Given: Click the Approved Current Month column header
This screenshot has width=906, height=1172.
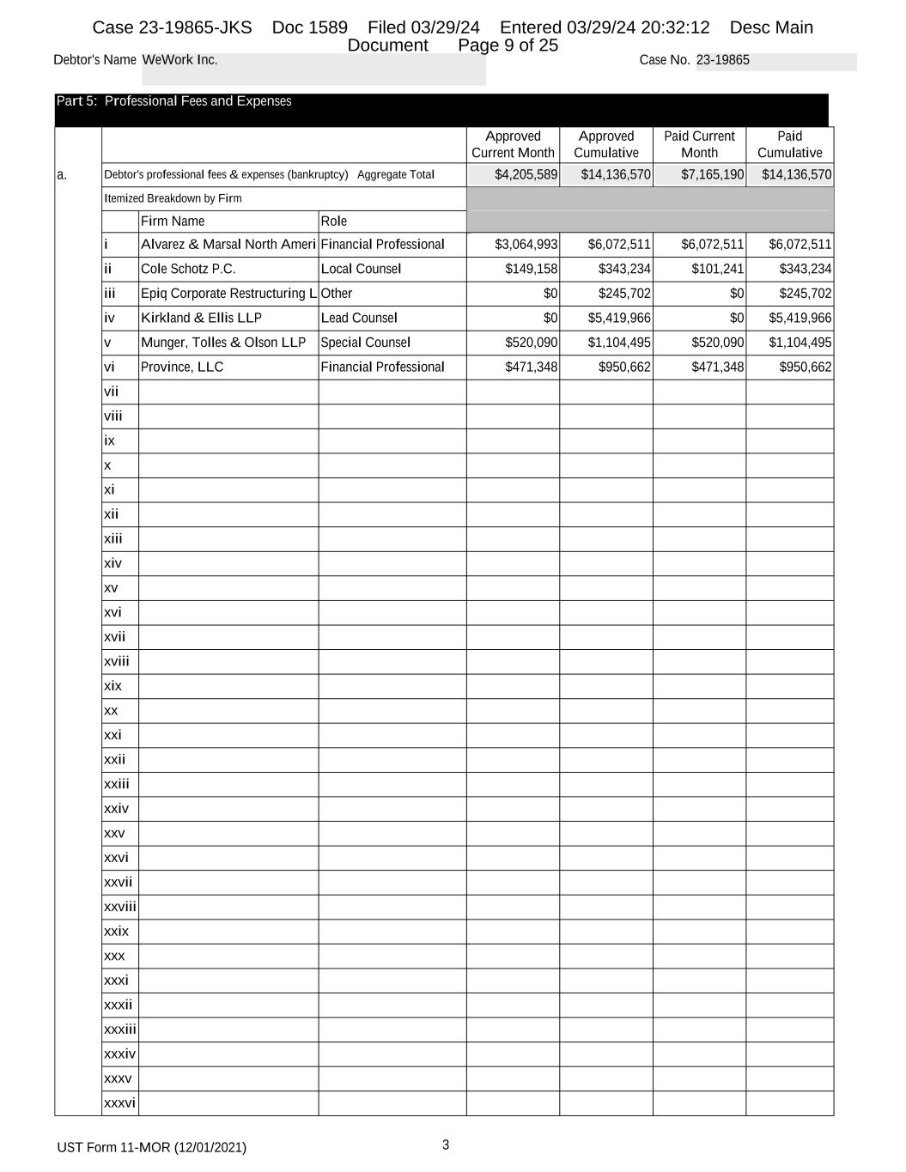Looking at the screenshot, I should (513, 144).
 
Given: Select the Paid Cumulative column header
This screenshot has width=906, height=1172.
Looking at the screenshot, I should (789, 144).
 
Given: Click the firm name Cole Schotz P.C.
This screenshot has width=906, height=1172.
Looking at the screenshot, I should (188, 269).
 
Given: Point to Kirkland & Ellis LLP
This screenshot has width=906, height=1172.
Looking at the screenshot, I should (201, 318).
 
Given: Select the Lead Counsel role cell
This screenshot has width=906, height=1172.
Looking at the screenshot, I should (359, 318).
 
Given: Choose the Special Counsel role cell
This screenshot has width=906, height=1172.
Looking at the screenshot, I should (366, 343).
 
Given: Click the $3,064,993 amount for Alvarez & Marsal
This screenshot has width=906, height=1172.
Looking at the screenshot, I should (526, 245).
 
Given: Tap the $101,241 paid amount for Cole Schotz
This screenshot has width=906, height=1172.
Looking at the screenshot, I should (717, 269).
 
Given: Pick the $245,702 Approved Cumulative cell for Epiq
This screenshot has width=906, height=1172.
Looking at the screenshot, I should (624, 294).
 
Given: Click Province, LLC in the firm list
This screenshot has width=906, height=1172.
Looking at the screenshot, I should (182, 367).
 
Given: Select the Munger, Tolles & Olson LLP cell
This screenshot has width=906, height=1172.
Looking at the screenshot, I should (223, 343).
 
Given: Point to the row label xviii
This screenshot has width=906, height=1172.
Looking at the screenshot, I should (117, 661).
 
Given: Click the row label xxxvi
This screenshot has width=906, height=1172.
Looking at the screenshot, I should (119, 1103).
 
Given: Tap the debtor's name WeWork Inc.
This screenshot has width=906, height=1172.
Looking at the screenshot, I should (179, 60).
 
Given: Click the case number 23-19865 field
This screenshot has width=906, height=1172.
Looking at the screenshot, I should (723, 60).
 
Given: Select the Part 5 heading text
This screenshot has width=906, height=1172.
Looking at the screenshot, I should (173, 101).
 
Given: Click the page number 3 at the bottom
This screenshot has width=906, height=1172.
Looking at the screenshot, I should (446, 1145).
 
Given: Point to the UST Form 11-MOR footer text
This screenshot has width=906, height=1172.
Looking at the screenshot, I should (151, 1148).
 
